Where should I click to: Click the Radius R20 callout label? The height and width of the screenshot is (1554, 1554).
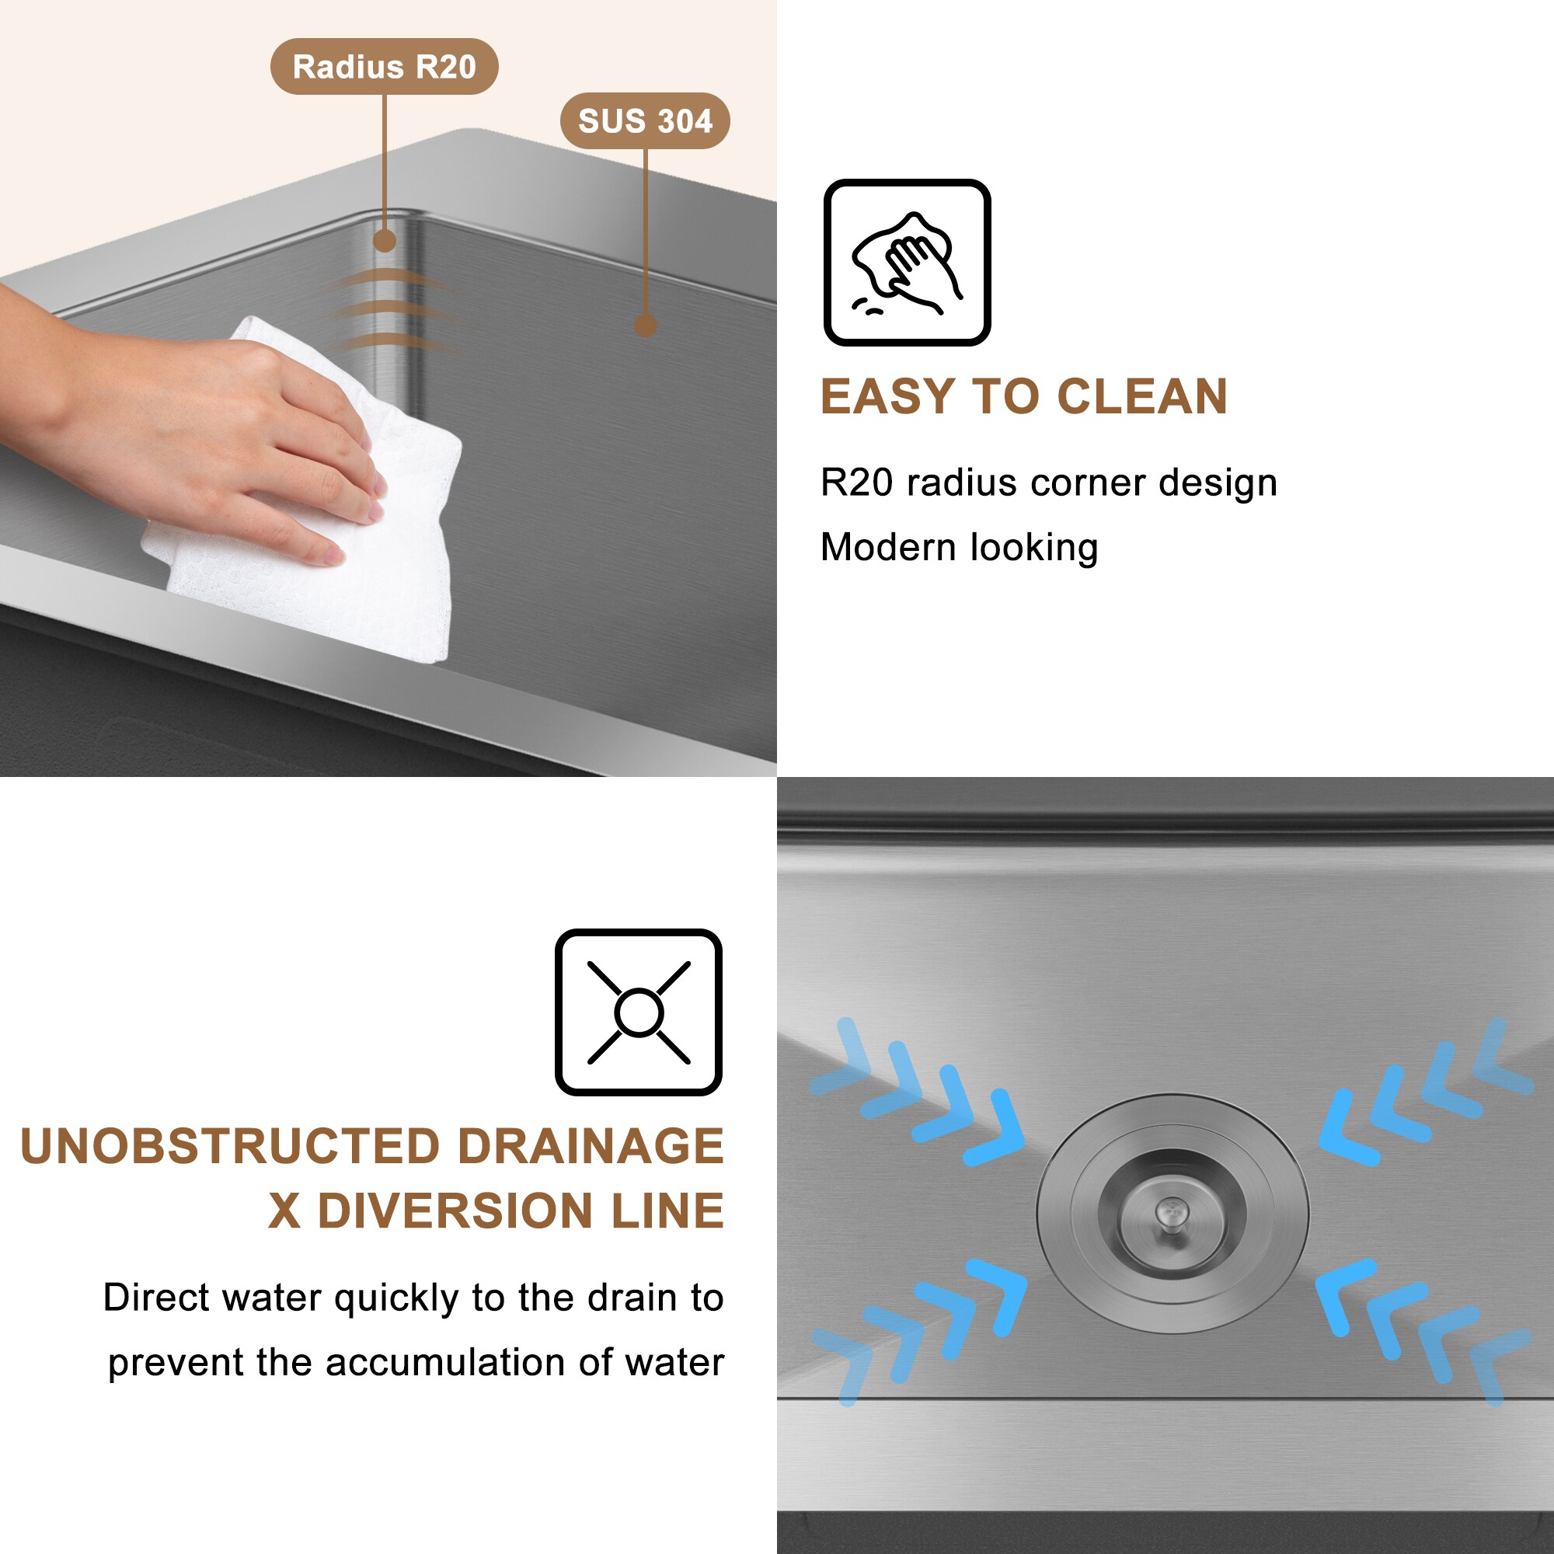tap(385, 66)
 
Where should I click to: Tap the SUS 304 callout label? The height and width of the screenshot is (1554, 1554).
tap(645, 120)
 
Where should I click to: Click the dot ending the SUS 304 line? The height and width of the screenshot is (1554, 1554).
tap(645, 325)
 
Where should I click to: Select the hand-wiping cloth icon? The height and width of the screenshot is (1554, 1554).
tap(907, 262)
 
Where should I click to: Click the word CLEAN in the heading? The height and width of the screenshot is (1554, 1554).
tap(1142, 396)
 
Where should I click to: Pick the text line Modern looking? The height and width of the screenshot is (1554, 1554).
tap(959, 548)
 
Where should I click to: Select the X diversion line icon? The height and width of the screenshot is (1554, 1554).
tap(639, 1012)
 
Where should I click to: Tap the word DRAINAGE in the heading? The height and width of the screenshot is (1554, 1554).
tap(591, 1146)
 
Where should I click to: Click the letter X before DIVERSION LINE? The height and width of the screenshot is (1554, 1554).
tap(284, 1211)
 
